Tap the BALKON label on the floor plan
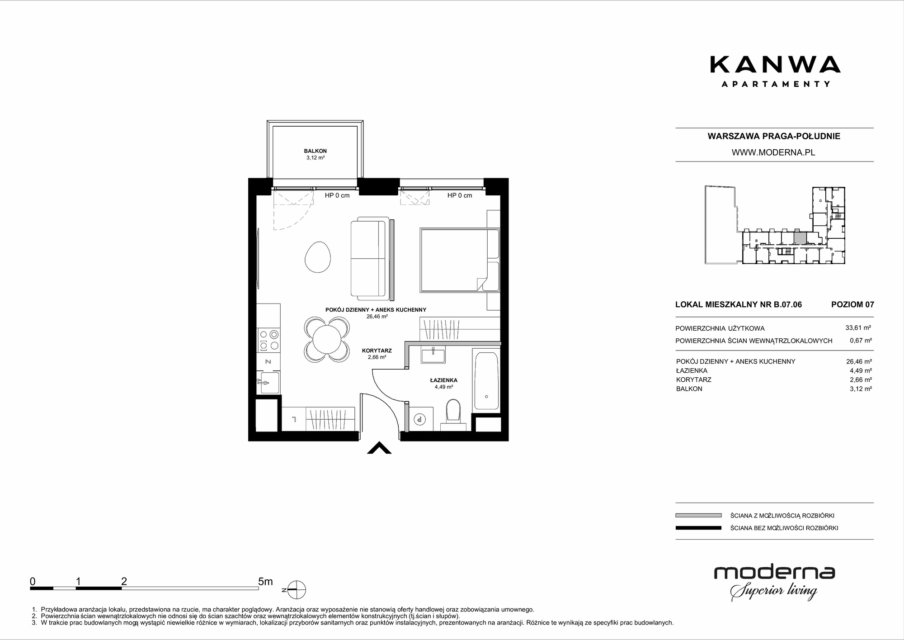click(x=315, y=151)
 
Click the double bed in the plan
click(x=460, y=260)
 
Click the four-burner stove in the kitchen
click(x=268, y=340)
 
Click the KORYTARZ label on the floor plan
click(x=377, y=351)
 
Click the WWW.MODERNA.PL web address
click(x=773, y=152)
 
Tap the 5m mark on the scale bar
click(x=265, y=581)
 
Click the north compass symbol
click(x=297, y=590)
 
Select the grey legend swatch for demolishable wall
click(x=698, y=515)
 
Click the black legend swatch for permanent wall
click(x=698, y=528)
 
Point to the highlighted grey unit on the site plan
click(x=800, y=238)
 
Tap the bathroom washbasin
click(x=433, y=355)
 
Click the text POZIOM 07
click(x=852, y=304)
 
